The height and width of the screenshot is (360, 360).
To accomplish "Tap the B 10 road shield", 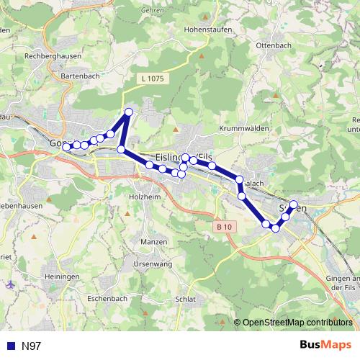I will (x=225, y=227).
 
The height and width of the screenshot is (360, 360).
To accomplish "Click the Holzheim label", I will (x=143, y=196).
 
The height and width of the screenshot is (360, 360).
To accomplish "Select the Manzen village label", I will (x=154, y=241).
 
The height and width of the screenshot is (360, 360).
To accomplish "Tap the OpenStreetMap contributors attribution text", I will (x=298, y=323).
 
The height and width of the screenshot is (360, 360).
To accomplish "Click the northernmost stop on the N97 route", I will (x=129, y=112).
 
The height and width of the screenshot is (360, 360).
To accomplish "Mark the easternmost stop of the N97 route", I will (x=293, y=204).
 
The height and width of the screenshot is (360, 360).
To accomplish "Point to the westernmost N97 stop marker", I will (x=66, y=147).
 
